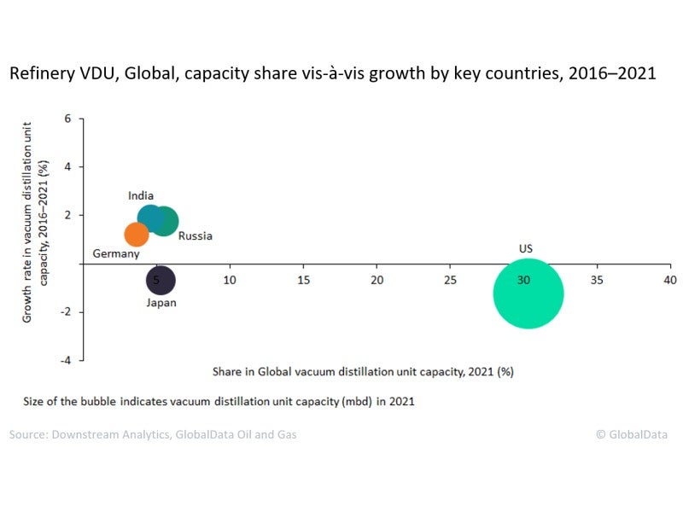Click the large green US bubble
pyautogui.click(x=528, y=293)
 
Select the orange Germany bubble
pyautogui.click(x=137, y=234)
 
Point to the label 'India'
pyautogui.click(x=141, y=195)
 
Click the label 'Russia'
pyautogui.click(x=196, y=235)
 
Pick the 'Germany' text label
pyautogui.click(x=115, y=254)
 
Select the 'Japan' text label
pyautogui.click(x=161, y=302)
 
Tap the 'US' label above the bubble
pyautogui.click(x=526, y=248)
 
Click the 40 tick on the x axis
pyautogui.click(x=670, y=280)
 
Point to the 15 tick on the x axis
pyautogui.click(x=303, y=280)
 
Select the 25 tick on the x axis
pyautogui.click(x=450, y=280)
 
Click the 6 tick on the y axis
pyautogui.click(x=68, y=119)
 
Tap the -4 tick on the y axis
pyautogui.click(x=67, y=360)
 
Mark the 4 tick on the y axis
pyautogui.click(x=68, y=167)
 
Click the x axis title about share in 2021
pyautogui.click(x=362, y=372)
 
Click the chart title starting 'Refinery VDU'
pyautogui.click(x=332, y=73)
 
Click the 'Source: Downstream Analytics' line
pyautogui.click(x=153, y=434)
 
